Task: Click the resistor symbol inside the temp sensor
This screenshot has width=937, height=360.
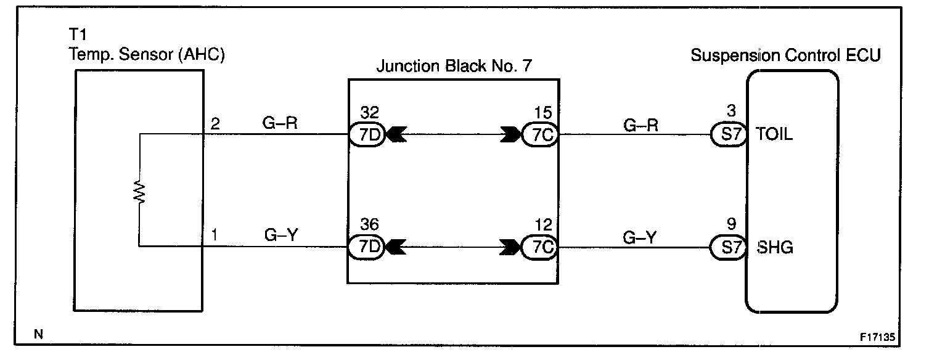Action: click(x=140, y=192)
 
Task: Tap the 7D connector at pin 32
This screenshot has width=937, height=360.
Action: click(x=367, y=134)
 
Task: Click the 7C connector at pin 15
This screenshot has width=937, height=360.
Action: click(x=540, y=134)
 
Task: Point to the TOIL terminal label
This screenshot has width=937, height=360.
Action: click(x=774, y=134)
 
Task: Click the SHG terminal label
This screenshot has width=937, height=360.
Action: click(x=774, y=248)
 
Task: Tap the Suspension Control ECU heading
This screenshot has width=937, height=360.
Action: click(x=785, y=55)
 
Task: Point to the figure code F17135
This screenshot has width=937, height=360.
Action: click(x=877, y=338)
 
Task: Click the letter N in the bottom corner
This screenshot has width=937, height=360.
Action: click(x=39, y=335)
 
